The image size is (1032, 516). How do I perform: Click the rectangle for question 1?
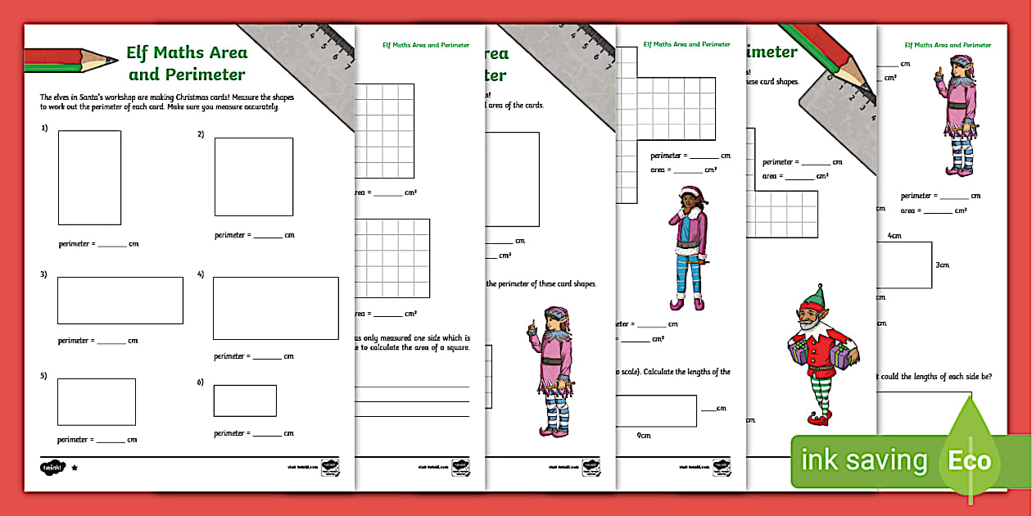click(89, 178)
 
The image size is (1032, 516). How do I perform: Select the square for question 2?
click(253, 177)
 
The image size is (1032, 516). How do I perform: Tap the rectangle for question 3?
click(120, 301)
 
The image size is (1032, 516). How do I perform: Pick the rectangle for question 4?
click(275, 308)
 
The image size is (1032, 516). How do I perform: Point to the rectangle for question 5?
click(96, 401)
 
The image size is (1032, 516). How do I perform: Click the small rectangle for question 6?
click(245, 401)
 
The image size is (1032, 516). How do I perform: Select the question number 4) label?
click(201, 274)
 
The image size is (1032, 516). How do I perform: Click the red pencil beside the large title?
click(70, 60)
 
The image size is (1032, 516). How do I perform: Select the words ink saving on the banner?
click(863, 461)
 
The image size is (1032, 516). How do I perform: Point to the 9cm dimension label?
click(644, 436)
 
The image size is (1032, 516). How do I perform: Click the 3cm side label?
click(942, 265)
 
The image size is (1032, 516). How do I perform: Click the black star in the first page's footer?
click(75, 468)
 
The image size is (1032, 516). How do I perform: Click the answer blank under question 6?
click(266, 434)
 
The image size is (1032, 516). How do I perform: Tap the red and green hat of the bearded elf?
click(813, 296)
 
